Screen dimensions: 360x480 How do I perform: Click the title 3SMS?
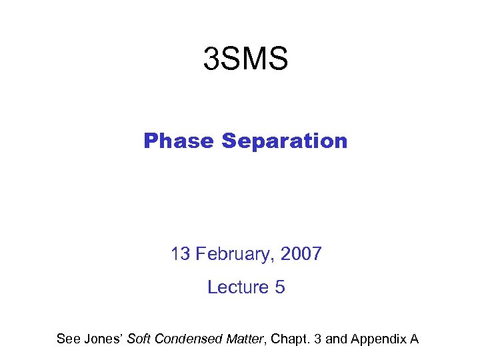245,59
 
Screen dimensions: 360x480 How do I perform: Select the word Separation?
285,141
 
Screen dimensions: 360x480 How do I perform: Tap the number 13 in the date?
180,254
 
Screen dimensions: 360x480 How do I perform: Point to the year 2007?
302,254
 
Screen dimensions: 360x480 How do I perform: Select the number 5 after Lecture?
279,287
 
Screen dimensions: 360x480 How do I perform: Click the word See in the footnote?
68,339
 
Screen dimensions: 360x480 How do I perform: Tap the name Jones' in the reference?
103,339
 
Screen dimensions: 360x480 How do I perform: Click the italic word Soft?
139,339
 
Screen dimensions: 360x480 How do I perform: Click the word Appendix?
376,340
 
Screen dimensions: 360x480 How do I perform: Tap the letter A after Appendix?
414,339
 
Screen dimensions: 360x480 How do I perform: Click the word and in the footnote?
337,339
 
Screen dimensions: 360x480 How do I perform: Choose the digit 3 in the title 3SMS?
211,59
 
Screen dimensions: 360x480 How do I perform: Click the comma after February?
276,260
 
